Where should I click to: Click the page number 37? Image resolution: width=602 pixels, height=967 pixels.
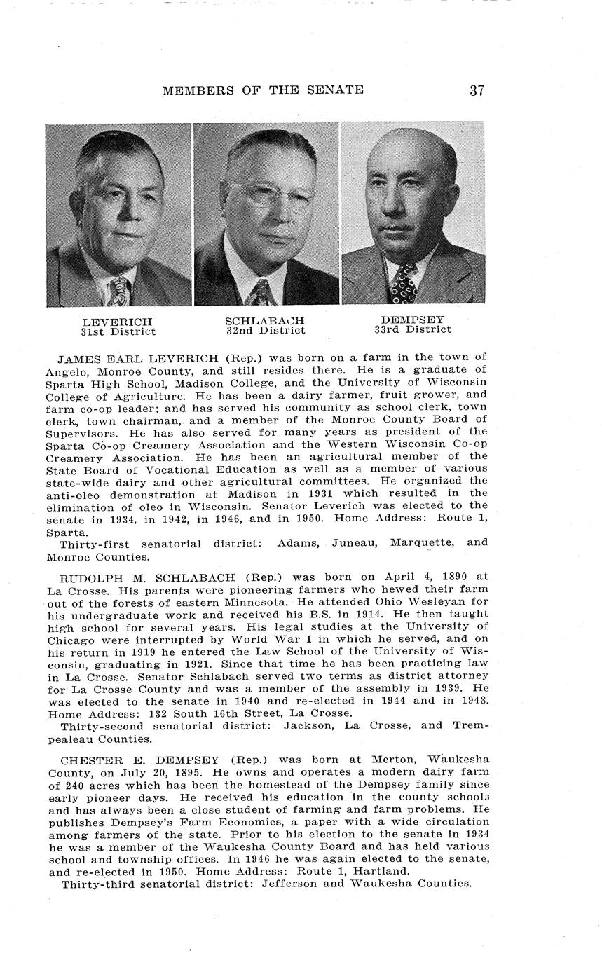click(x=477, y=90)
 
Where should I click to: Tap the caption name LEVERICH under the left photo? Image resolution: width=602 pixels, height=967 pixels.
click(x=117, y=322)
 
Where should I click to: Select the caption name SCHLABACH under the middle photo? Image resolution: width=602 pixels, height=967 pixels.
click(x=265, y=320)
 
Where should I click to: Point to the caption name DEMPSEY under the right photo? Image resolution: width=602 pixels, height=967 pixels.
click(x=413, y=320)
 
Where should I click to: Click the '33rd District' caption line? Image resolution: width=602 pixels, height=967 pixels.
click(x=413, y=329)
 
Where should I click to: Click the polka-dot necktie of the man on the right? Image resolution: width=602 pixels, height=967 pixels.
click(x=404, y=284)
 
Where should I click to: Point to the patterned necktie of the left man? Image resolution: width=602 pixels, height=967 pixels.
click(x=120, y=289)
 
